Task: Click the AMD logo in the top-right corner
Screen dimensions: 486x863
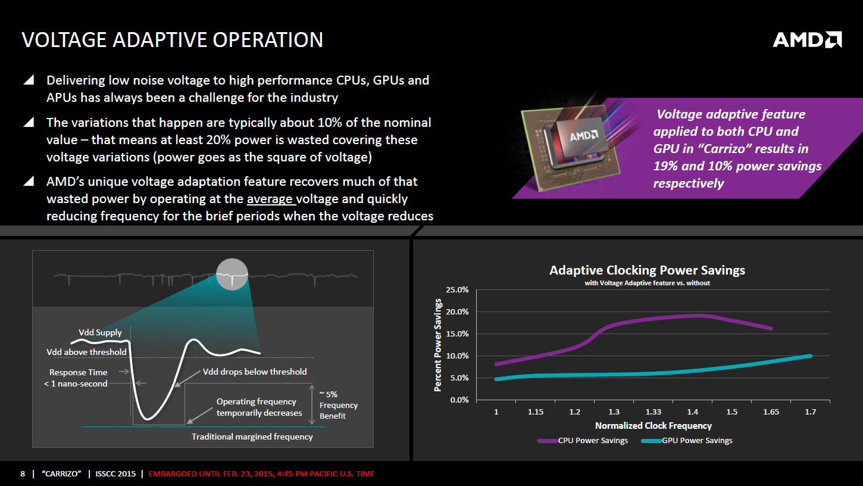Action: click(x=806, y=40)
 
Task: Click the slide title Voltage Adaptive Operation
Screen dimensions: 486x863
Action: click(x=172, y=40)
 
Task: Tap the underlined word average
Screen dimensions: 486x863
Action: click(x=270, y=199)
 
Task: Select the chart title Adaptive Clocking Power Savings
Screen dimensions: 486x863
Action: click(x=647, y=270)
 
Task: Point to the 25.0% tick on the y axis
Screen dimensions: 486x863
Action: click(x=457, y=290)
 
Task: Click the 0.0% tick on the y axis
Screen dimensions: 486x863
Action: click(x=459, y=400)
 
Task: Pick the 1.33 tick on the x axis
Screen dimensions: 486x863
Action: click(x=653, y=412)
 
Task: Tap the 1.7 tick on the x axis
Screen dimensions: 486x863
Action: click(x=810, y=412)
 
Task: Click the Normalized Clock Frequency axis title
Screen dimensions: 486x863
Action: click(x=653, y=426)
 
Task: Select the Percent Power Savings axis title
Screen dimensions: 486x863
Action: click(x=438, y=345)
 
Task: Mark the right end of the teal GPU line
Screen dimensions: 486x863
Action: click(x=810, y=356)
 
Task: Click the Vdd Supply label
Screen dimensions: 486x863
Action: click(x=100, y=332)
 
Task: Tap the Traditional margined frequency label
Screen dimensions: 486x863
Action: click(x=252, y=437)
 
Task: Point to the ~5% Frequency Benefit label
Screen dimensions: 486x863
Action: click(x=338, y=405)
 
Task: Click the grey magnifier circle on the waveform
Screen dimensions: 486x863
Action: click(x=232, y=275)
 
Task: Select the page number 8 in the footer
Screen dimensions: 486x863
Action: click(x=23, y=474)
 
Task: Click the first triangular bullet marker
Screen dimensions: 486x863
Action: click(x=28, y=80)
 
